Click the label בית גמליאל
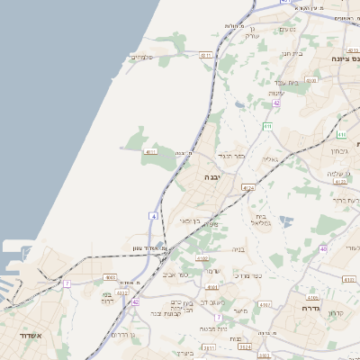[261, 220]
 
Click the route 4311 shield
[205, 56]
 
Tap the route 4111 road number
[150, 152]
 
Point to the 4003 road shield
[110, 277]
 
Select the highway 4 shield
[154, 216]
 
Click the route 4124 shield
[249, 188]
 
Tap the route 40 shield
[348, 248]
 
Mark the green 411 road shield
[267, 126]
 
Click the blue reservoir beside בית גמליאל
[286, 220]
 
